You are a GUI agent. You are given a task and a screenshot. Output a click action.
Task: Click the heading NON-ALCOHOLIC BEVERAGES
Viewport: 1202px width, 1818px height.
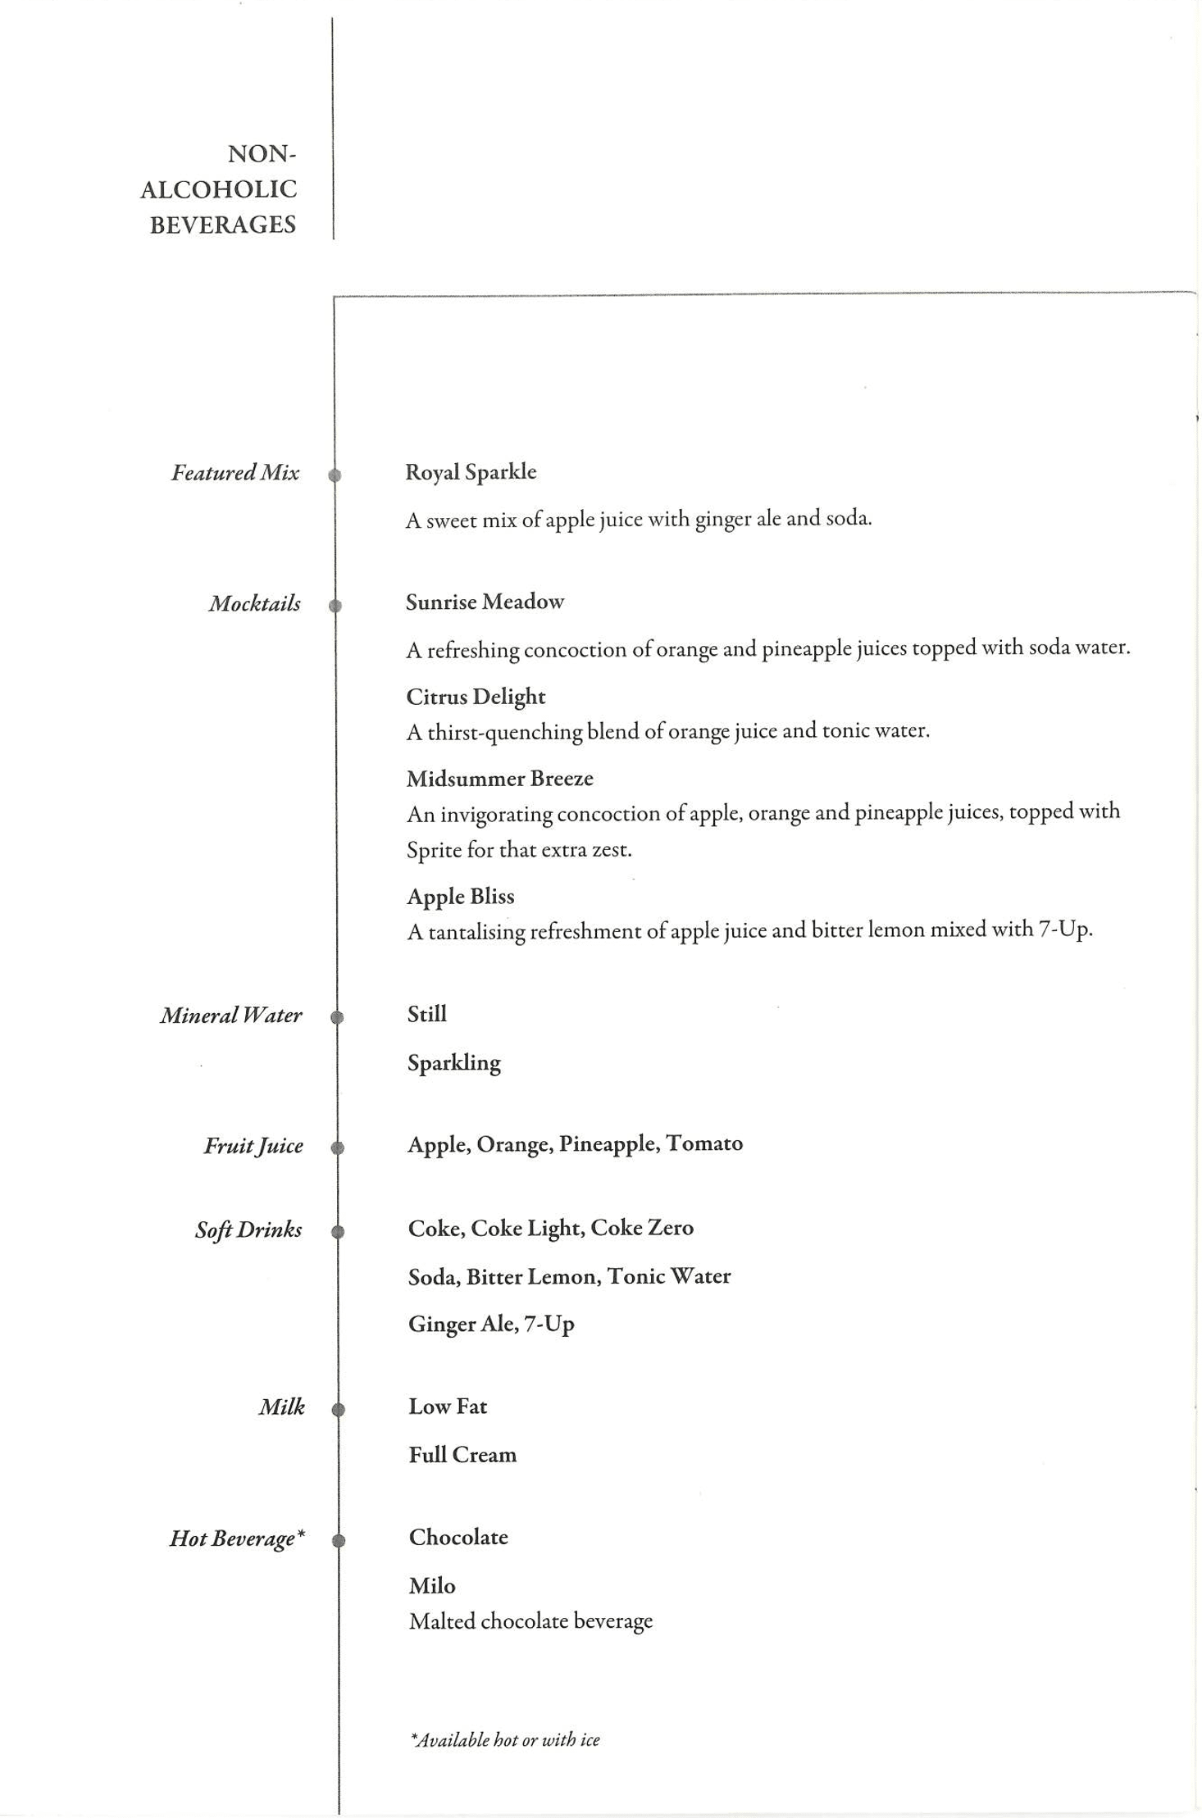[x=219, y=189]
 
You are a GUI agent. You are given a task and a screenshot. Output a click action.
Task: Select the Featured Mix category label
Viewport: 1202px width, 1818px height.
[x=235, y=473]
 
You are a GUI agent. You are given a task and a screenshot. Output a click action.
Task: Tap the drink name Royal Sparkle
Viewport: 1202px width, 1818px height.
[x=471, y=473]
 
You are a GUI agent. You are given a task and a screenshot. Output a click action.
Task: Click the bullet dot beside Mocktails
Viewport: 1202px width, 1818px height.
[x=335, y=606]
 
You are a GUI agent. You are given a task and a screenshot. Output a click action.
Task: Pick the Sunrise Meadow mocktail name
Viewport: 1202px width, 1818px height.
[x=485, y=602]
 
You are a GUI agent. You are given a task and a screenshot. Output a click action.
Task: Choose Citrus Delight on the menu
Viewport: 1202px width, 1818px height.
[x=476, y=697]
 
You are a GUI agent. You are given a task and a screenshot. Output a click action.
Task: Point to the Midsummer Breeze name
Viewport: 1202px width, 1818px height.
[x=499, y=779]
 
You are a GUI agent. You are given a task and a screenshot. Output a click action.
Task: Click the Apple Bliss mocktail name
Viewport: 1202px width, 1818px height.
[x=460, y=897]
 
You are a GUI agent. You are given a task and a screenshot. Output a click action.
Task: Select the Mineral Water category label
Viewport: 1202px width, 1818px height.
[x=231, y=1016]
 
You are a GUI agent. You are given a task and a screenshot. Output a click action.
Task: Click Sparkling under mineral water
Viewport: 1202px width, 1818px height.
[x=453, y=1063]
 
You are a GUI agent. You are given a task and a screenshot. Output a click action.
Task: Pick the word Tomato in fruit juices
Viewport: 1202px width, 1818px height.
[x=704, y=1143]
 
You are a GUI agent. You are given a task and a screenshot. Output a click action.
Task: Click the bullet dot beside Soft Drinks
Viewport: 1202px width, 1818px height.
[x=337, y=1231]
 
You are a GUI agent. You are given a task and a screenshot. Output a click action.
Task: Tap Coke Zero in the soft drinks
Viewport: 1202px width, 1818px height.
[x=642, y=1228]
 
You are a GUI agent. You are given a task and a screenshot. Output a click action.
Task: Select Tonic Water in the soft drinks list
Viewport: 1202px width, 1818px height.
[x=668, y=1276]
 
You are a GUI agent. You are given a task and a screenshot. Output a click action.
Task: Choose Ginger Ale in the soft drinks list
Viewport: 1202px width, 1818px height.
[x=460, y=1325]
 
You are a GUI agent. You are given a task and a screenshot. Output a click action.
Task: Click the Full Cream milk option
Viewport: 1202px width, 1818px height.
[x=462, y=1455]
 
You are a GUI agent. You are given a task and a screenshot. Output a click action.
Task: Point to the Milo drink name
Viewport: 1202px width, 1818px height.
[x=432, y=1586]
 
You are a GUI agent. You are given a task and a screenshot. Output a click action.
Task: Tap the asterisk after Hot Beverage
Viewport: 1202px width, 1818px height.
[x=301, y=1534]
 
